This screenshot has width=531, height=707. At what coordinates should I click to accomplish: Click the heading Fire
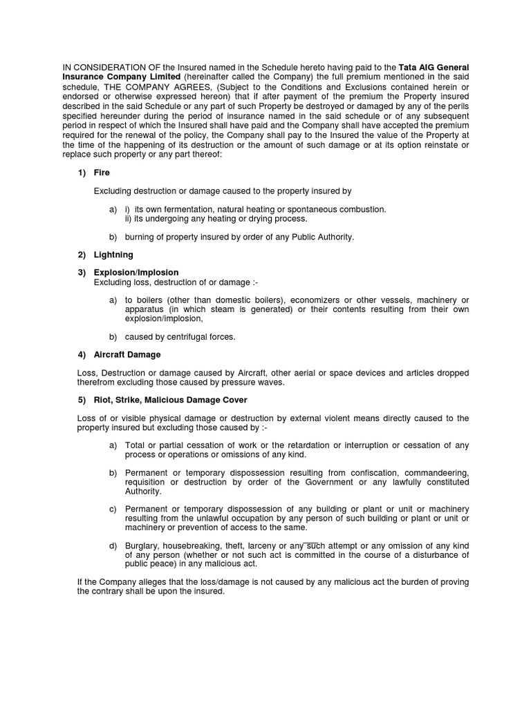102,172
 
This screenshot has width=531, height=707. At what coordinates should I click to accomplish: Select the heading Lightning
113,255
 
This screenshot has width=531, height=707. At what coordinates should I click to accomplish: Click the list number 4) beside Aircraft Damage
82,354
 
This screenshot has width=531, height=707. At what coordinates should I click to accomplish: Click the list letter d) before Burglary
113,546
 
